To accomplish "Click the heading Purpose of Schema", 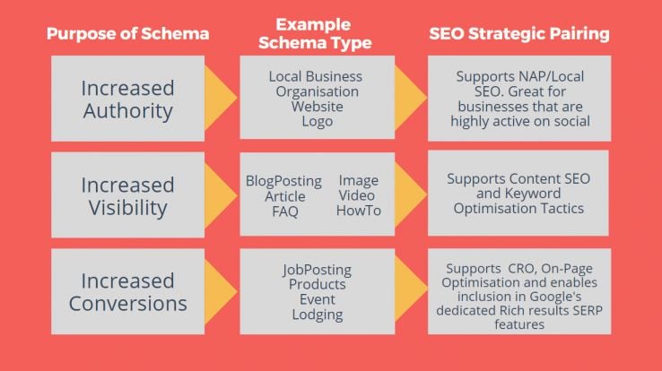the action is (x=127, y=34).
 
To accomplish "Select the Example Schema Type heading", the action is (x=315, y=34).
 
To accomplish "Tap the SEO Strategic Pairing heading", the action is (x=519, y=34).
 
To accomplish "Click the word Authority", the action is (x=128, y=111).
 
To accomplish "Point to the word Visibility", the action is (x=128, y=208).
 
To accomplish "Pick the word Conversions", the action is (x=128, y=304).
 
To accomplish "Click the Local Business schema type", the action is (x=316, y=76).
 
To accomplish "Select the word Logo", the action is (x=317, y=122).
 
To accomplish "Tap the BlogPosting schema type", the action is (x=283, y=181).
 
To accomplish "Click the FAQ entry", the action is (x=285, y=211).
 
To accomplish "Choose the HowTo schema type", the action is (x=359, y=211).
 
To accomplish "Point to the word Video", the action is (x=357, y=195).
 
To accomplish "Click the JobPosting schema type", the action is (x=317, y=270).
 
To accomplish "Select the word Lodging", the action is (x=317, y=315).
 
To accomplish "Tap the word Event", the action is (x=317, y=299).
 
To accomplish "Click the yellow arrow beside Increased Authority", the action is (x=220, y=98).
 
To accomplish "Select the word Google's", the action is (x=555, y=297).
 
